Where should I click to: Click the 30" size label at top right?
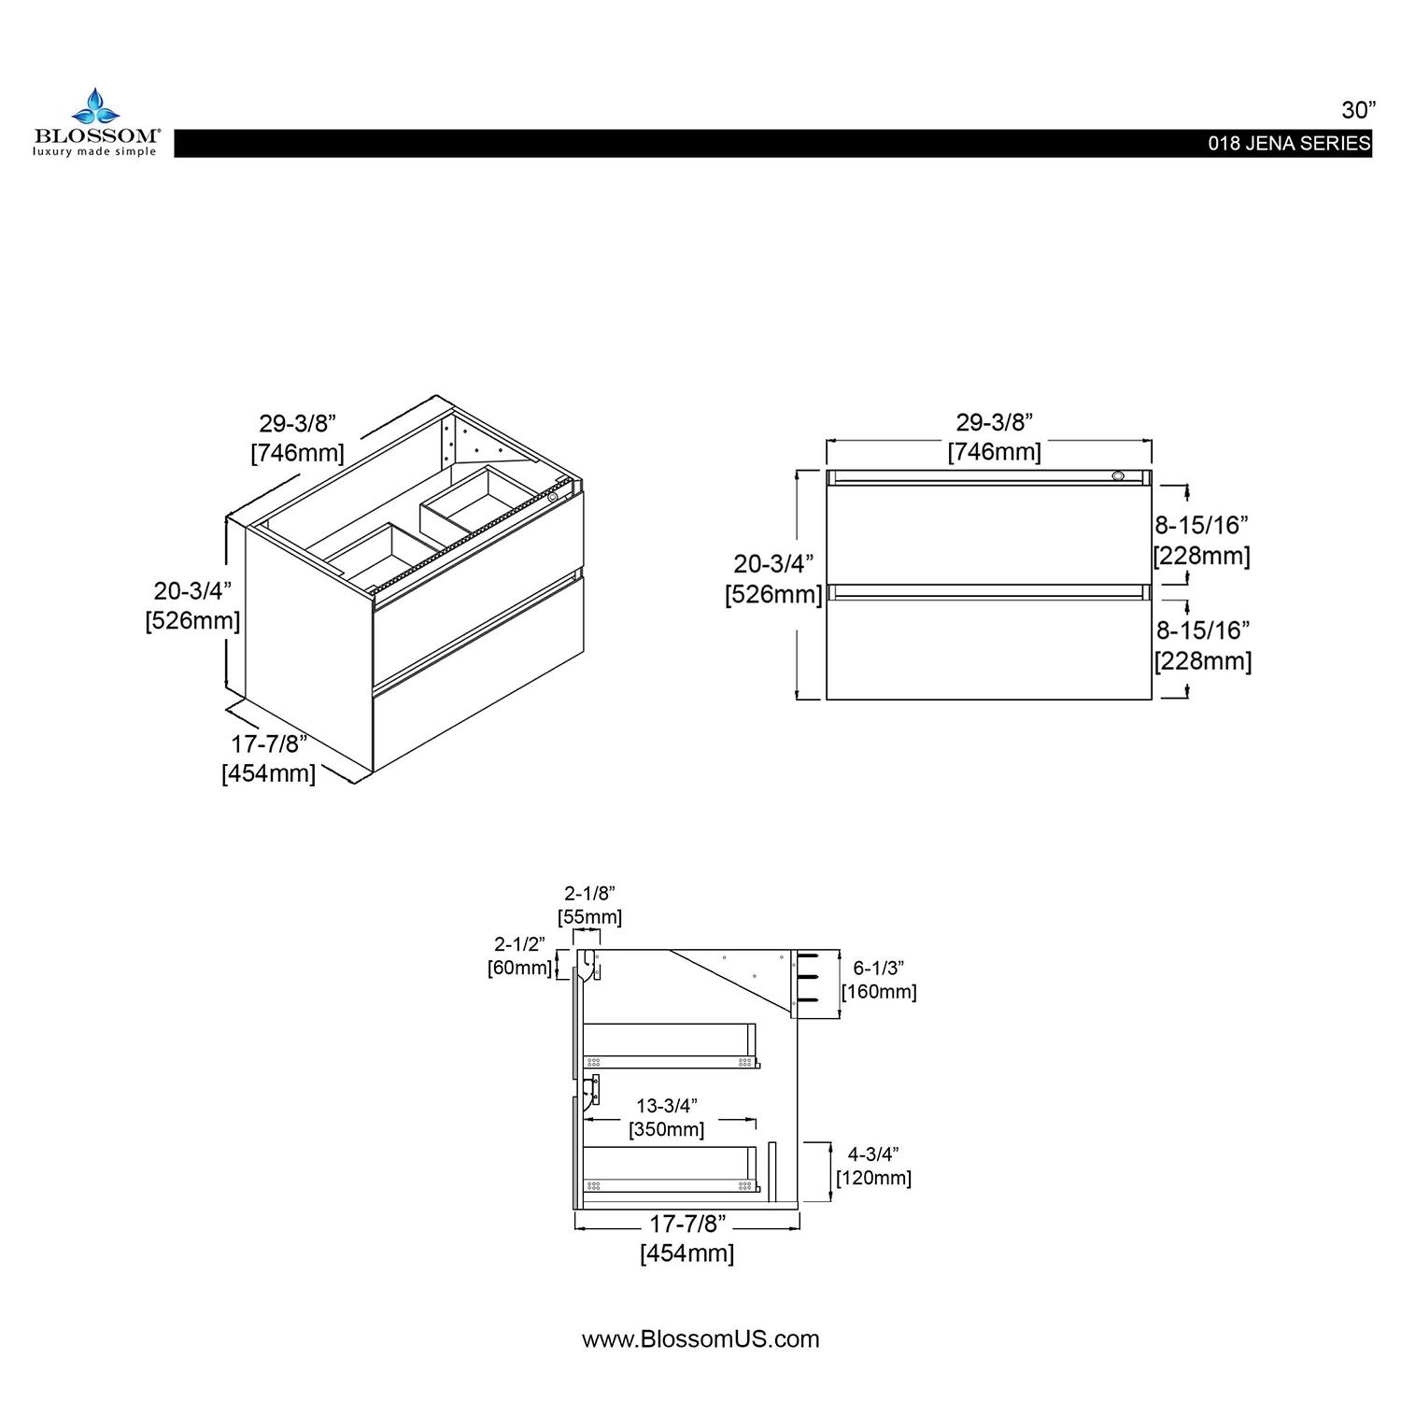(1359, 110)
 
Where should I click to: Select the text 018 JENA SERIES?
(1289, 144)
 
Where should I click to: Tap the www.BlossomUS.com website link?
(700, 1338)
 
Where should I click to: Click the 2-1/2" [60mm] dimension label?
(519, 955)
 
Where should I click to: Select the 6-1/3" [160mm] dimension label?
(879, 980)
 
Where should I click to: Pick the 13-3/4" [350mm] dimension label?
(666, 1117)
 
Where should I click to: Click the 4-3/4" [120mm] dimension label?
(873, 1166)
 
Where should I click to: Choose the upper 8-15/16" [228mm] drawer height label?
(1202, 539)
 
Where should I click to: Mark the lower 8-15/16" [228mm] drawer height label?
(1202, 644)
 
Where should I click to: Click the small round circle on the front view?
(1118, 476)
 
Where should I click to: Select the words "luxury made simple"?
(95, 150)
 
